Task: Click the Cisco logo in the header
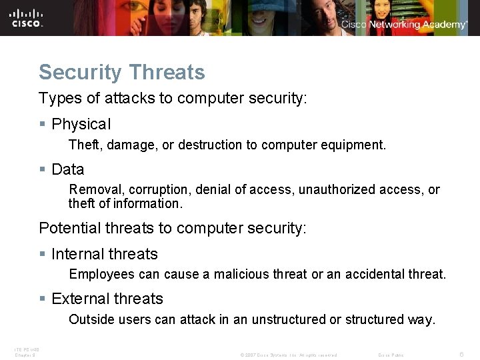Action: (27, 17)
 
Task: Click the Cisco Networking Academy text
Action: (404, 25)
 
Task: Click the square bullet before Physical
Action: (43, 125)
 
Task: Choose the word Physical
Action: (81, 125)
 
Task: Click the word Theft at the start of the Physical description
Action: (84, 145)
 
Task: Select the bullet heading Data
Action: (68, 169)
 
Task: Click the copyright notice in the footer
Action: (288, 355)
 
